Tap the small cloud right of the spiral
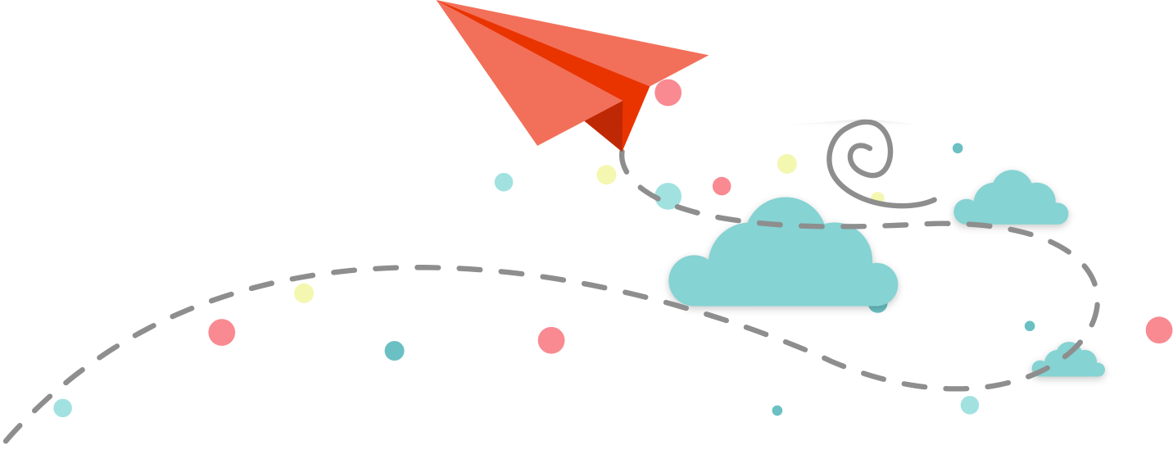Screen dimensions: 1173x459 [x=1012, y=201]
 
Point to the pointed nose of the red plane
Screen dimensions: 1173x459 [x=623, y=149]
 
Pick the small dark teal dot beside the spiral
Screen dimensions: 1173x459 [x=957, y=148]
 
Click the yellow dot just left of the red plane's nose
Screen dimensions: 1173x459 [x=606, y=175]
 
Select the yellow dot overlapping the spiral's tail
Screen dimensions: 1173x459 [x=877, y=197]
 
